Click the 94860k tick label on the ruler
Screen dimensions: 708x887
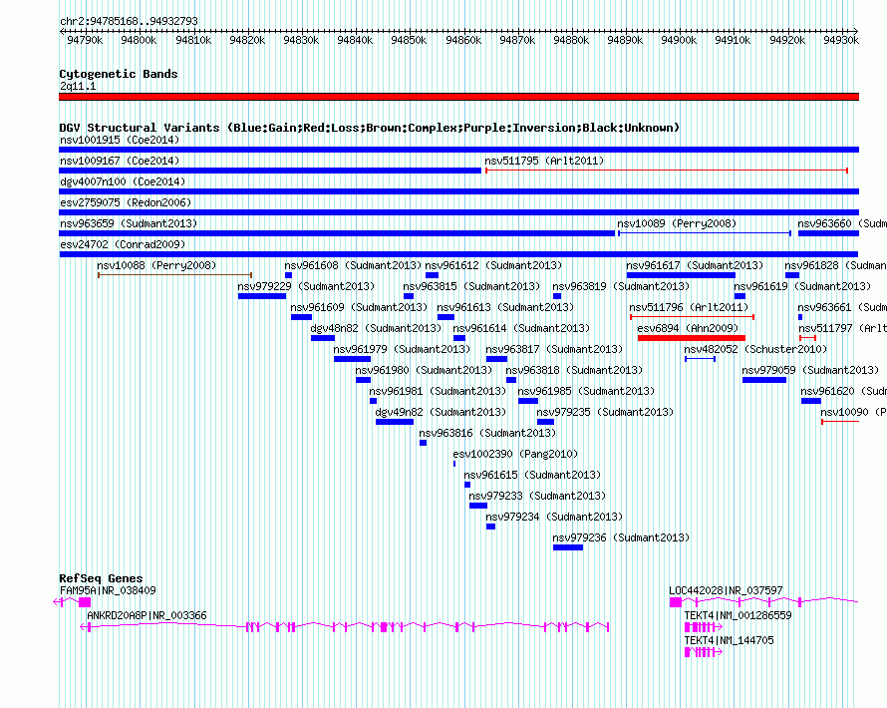point(462,40)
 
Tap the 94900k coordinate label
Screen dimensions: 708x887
point(679,40)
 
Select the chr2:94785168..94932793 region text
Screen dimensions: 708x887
point(129,20)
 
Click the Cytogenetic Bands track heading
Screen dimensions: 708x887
point(119,74)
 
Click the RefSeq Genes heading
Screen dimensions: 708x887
point(101,578)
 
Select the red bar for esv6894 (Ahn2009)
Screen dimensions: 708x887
point(691,338)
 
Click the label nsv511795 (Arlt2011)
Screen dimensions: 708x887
point(544,161)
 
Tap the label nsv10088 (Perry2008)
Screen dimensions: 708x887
point(156,265)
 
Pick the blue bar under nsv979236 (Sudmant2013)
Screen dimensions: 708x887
point(568,547)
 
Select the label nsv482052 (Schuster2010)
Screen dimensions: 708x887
point(755,349)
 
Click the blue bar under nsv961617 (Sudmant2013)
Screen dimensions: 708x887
point(681,275)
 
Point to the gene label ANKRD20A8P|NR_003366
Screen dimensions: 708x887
point(147,615)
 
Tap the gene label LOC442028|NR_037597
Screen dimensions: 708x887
point(726,590)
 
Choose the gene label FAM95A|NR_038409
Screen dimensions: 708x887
point(108,590)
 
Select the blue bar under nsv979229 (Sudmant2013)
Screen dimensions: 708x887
point(262,296)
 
